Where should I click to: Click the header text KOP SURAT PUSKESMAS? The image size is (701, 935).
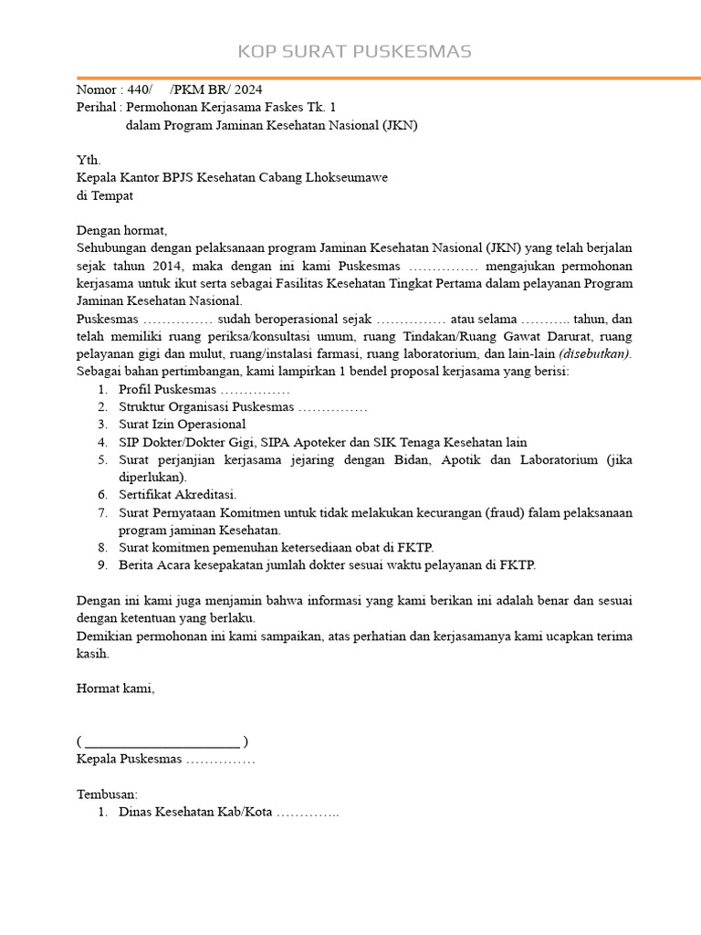tap(354, 51)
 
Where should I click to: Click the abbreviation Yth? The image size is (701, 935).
tap(88, 161)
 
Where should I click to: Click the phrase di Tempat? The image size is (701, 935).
tap(105, 195)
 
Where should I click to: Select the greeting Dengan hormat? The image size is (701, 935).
tap(122, 230)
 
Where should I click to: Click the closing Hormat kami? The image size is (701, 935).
tap(116, 688)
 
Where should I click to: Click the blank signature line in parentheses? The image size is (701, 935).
tap(162, 741)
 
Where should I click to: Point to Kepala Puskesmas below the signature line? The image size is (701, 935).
tap(130, 759)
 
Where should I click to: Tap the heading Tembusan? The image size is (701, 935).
tap(107, 794)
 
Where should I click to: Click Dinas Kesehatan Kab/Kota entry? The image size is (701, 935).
tap(195, 812)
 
